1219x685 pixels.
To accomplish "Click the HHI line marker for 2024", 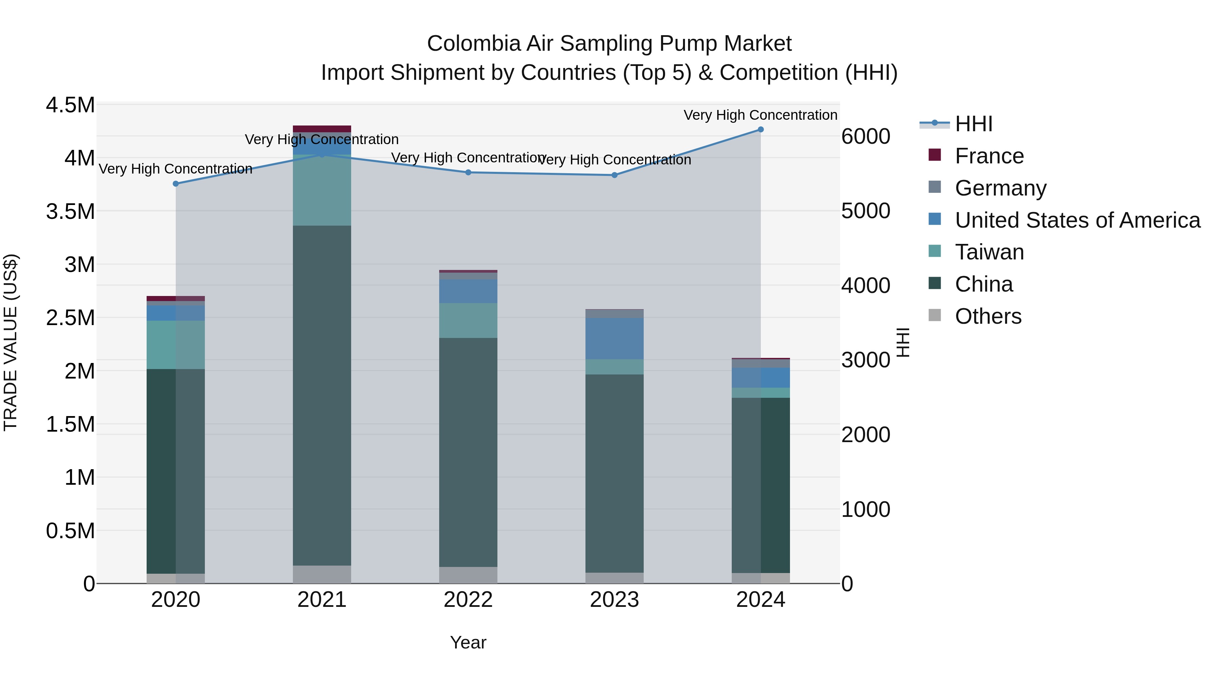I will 761,130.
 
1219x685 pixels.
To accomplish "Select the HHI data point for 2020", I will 175,184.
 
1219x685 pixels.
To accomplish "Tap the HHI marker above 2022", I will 468,173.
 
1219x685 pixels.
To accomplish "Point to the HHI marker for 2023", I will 614,175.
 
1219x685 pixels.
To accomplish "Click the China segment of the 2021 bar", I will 322,395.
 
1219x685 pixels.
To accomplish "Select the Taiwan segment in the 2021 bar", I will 322,190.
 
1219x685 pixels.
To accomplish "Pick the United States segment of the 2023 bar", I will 614,339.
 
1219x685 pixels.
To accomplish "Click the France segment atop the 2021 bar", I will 322,129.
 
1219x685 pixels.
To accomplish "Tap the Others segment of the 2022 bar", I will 468,575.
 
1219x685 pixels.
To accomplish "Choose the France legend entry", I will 989,156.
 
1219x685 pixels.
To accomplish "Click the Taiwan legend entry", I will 989,252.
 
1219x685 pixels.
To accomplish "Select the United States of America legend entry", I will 1077,220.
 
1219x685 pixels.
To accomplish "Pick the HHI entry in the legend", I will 974,124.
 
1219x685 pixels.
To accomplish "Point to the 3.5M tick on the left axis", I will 70,211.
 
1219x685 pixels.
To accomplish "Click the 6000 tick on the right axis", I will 865,137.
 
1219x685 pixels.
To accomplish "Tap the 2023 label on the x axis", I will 614,600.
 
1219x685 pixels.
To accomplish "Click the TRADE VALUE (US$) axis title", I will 10,342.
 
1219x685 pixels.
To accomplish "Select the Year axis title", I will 468,642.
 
